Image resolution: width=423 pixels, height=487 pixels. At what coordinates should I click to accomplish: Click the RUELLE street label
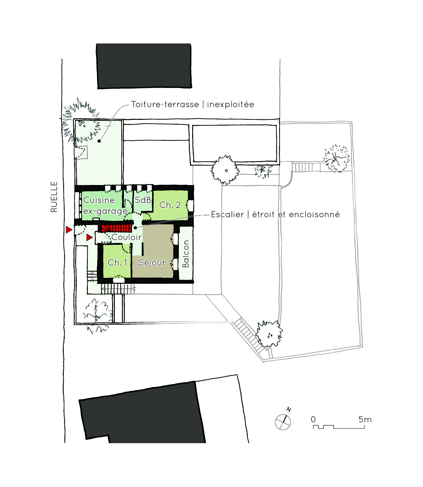54,197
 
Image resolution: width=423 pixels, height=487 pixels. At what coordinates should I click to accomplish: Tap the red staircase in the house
117,228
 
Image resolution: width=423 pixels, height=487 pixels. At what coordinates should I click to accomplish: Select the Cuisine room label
99,200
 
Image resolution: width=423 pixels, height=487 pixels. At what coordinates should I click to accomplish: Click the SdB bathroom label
143,200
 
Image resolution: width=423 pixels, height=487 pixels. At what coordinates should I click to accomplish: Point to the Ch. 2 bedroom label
170,205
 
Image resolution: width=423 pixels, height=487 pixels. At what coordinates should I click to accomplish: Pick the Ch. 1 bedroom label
117,262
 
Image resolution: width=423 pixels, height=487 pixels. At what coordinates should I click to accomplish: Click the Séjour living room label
152,262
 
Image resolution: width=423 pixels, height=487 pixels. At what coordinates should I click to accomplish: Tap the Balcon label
185,254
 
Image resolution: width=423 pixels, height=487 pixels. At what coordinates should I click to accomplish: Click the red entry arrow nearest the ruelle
69,230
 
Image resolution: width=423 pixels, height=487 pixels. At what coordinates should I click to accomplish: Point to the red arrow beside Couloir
89,237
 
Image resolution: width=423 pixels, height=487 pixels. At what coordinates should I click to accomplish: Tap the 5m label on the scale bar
365,419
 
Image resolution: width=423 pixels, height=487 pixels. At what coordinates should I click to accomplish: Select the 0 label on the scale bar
313,419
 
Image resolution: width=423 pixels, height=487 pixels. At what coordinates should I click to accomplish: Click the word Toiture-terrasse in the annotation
165,104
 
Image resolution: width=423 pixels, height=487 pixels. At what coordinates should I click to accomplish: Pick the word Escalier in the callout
227,215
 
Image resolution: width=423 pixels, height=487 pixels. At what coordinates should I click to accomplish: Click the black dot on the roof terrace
99,141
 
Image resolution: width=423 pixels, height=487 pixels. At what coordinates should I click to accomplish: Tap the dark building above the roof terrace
144,66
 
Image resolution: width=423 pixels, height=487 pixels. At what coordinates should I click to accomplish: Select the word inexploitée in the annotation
231,104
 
